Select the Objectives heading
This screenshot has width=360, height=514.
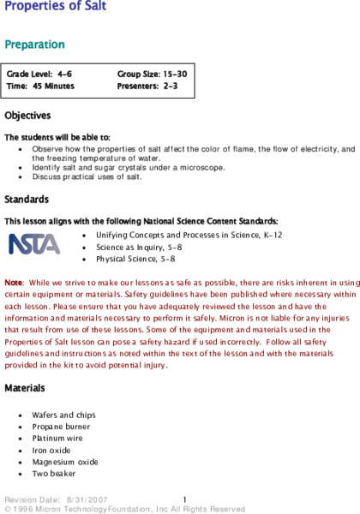point(27,115)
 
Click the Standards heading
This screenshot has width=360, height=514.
point(26,200)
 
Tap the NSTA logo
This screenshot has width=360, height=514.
point(34,244)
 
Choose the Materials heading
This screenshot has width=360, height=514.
point(25,388)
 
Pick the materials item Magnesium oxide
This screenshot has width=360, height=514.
point(65,461)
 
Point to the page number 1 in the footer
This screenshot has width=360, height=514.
point(184,499)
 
